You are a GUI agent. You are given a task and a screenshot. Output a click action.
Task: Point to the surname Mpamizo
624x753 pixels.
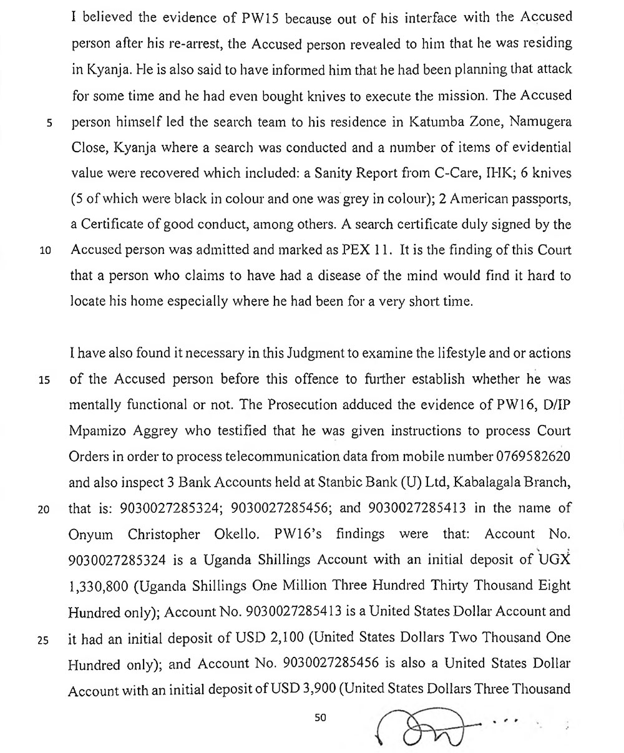click(100, 432)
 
